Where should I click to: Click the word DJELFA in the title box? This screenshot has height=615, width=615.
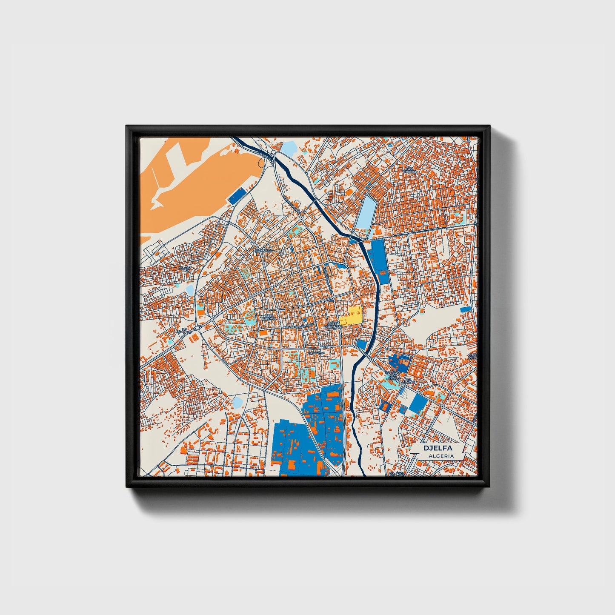(x=438, y=448)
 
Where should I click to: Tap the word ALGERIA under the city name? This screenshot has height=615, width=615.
(x=441, y=456)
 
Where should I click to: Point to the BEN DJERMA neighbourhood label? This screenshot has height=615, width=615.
(x=269, y=317)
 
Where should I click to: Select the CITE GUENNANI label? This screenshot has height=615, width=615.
(x=332, y=325)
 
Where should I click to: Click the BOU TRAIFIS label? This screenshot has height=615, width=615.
(x=409, y=170)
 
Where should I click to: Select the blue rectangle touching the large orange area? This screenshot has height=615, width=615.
(x=237, y=196)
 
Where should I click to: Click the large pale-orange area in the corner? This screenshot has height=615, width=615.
(x=196, y=179)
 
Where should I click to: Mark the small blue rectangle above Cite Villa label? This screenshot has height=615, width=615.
(x=466, y=309)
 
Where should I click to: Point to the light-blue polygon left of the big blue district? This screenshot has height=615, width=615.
(x=237, y=401)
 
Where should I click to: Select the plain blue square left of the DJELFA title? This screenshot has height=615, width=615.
(x=417, y=403)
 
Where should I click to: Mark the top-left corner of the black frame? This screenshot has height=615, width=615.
(x=127, y=126)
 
